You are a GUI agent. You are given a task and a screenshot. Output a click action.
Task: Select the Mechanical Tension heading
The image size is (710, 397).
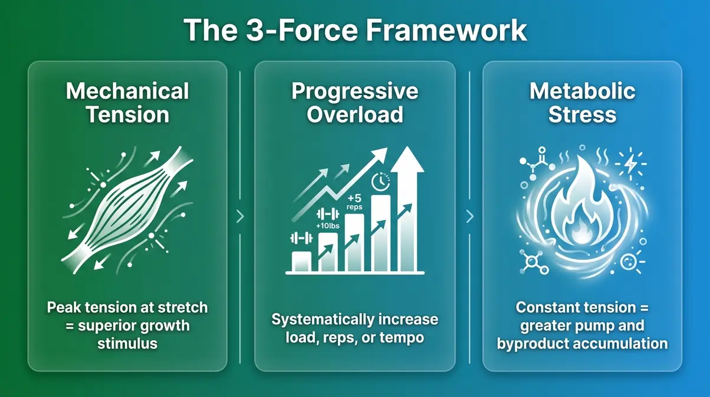127,102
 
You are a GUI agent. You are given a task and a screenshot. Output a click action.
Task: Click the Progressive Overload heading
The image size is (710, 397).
354,102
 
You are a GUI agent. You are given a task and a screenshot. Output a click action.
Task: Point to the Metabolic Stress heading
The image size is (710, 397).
582,102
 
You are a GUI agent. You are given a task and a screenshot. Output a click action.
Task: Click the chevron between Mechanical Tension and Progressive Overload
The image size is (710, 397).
240,217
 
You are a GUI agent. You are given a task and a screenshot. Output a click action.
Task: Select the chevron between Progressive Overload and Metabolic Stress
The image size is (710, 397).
469,217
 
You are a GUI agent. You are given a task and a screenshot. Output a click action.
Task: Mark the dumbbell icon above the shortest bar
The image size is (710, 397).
301,239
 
